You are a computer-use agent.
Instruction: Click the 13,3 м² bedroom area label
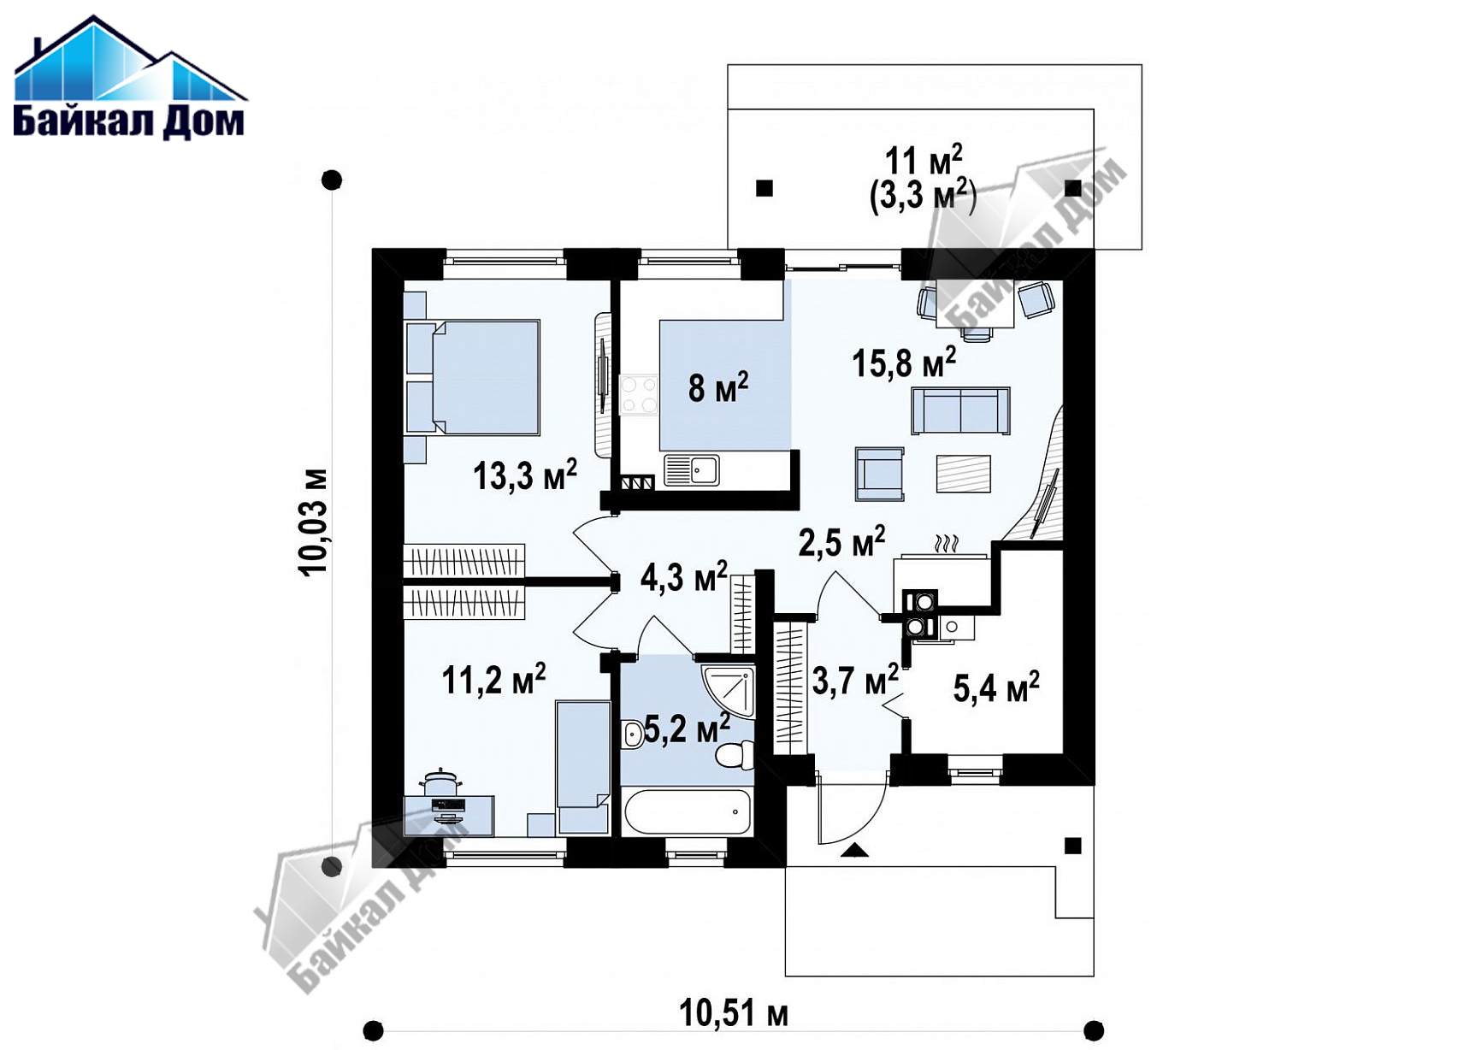click(x=525, y=475)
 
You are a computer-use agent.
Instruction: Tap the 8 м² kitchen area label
click(x=718, y=387)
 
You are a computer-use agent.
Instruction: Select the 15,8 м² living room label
click(x=904, y=363)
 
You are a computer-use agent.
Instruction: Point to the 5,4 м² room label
click(x=996, y=687)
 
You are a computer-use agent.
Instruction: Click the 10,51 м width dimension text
click(x=734, y=1014)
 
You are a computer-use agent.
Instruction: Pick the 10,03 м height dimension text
click(x=313, y=522)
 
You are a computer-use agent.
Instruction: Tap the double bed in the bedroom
click(x=473, y=378)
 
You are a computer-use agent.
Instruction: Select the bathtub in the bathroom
click(x=688, y=812)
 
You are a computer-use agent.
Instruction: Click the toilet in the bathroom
click(x=734, y=755)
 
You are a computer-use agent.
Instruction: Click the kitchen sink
click(x=692, y=470)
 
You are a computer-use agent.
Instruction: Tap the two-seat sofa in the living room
click(x=960, y=410)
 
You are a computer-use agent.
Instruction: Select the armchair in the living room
click(x=880, y=474)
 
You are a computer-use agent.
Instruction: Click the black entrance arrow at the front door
click(x=855, y=850)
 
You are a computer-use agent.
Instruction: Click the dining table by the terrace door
click(x=976, y=304)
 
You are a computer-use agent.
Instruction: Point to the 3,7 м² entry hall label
click(x=855, y=681)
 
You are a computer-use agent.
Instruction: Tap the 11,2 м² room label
click(x=493, y=680)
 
